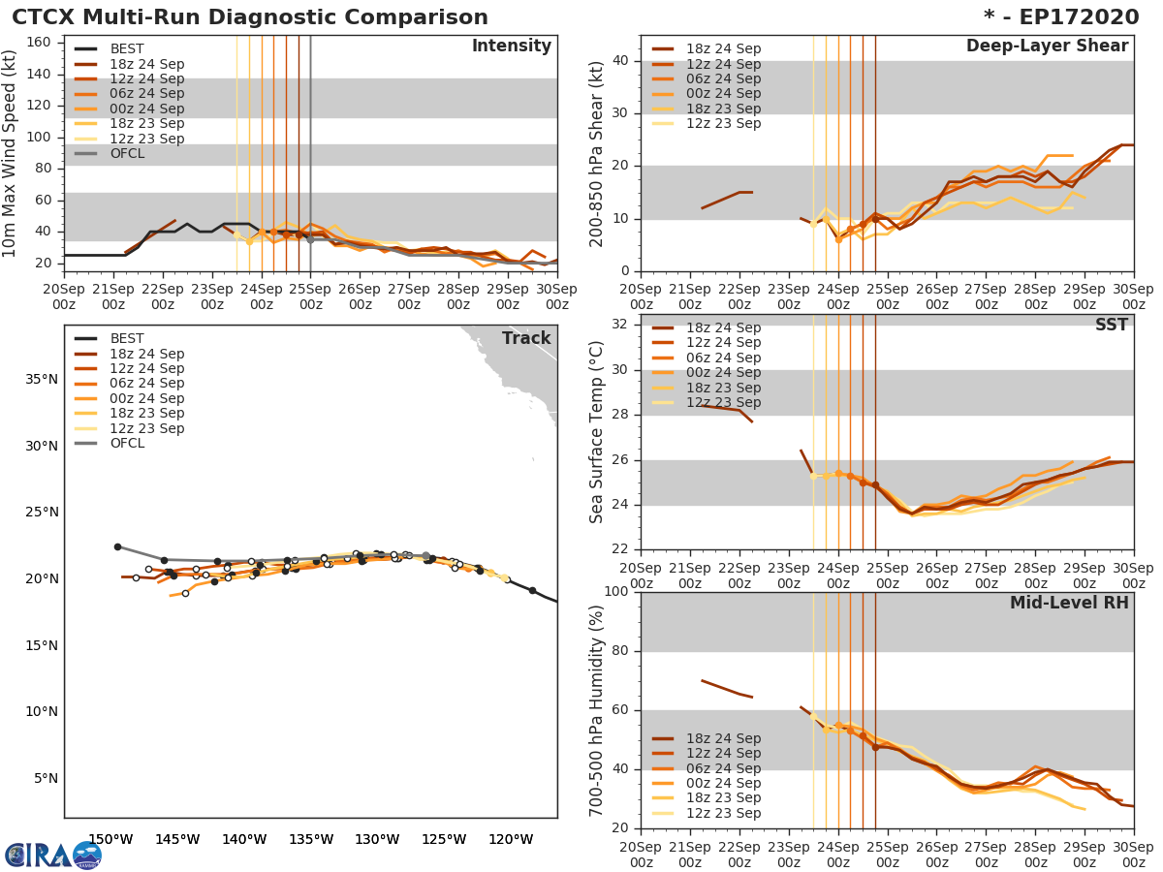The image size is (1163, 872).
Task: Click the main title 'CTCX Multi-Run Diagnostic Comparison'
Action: [x=250, y=17]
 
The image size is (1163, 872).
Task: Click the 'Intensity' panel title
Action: [x=511, y=47]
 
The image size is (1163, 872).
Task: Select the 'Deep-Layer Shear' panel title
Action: [x=1047, y=47]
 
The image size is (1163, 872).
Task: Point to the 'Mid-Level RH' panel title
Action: [x=1069, y=603]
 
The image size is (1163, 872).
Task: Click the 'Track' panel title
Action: [x=526, y=338]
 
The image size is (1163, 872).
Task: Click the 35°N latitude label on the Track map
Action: [x=41, y=379]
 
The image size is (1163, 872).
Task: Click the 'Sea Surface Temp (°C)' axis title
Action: [x=597, y=431]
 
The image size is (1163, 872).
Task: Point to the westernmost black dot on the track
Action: [x=117, y=546]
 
